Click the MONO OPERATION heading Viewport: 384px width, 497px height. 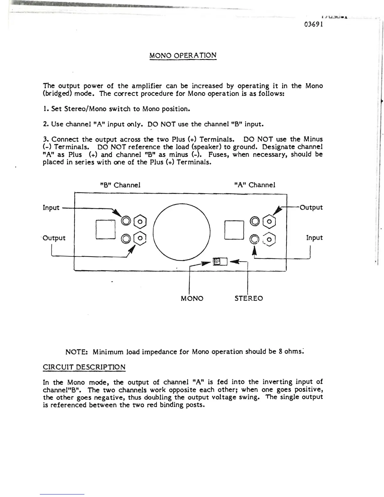coord(183,56)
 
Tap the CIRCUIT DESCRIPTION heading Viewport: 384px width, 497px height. coord(84,367)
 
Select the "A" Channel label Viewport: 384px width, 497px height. coord(255,185)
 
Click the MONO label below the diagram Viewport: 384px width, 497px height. coord(192,298)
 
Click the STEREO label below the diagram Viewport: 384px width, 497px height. coord(249,298)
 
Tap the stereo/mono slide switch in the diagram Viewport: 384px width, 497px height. coord(220,261)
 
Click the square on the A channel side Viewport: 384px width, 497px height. coord(234,230)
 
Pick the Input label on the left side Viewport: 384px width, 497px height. coord(51,208)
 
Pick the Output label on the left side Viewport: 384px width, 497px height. coord(54,238)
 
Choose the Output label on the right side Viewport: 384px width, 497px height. coord(311,207)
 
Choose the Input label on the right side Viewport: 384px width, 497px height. coord(314,238)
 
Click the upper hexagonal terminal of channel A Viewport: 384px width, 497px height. coord(269,222)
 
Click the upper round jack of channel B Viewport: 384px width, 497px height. coord(126,221)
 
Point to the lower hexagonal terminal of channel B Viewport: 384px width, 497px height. coord(140,238)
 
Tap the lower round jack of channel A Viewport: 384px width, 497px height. coord(254,240)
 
